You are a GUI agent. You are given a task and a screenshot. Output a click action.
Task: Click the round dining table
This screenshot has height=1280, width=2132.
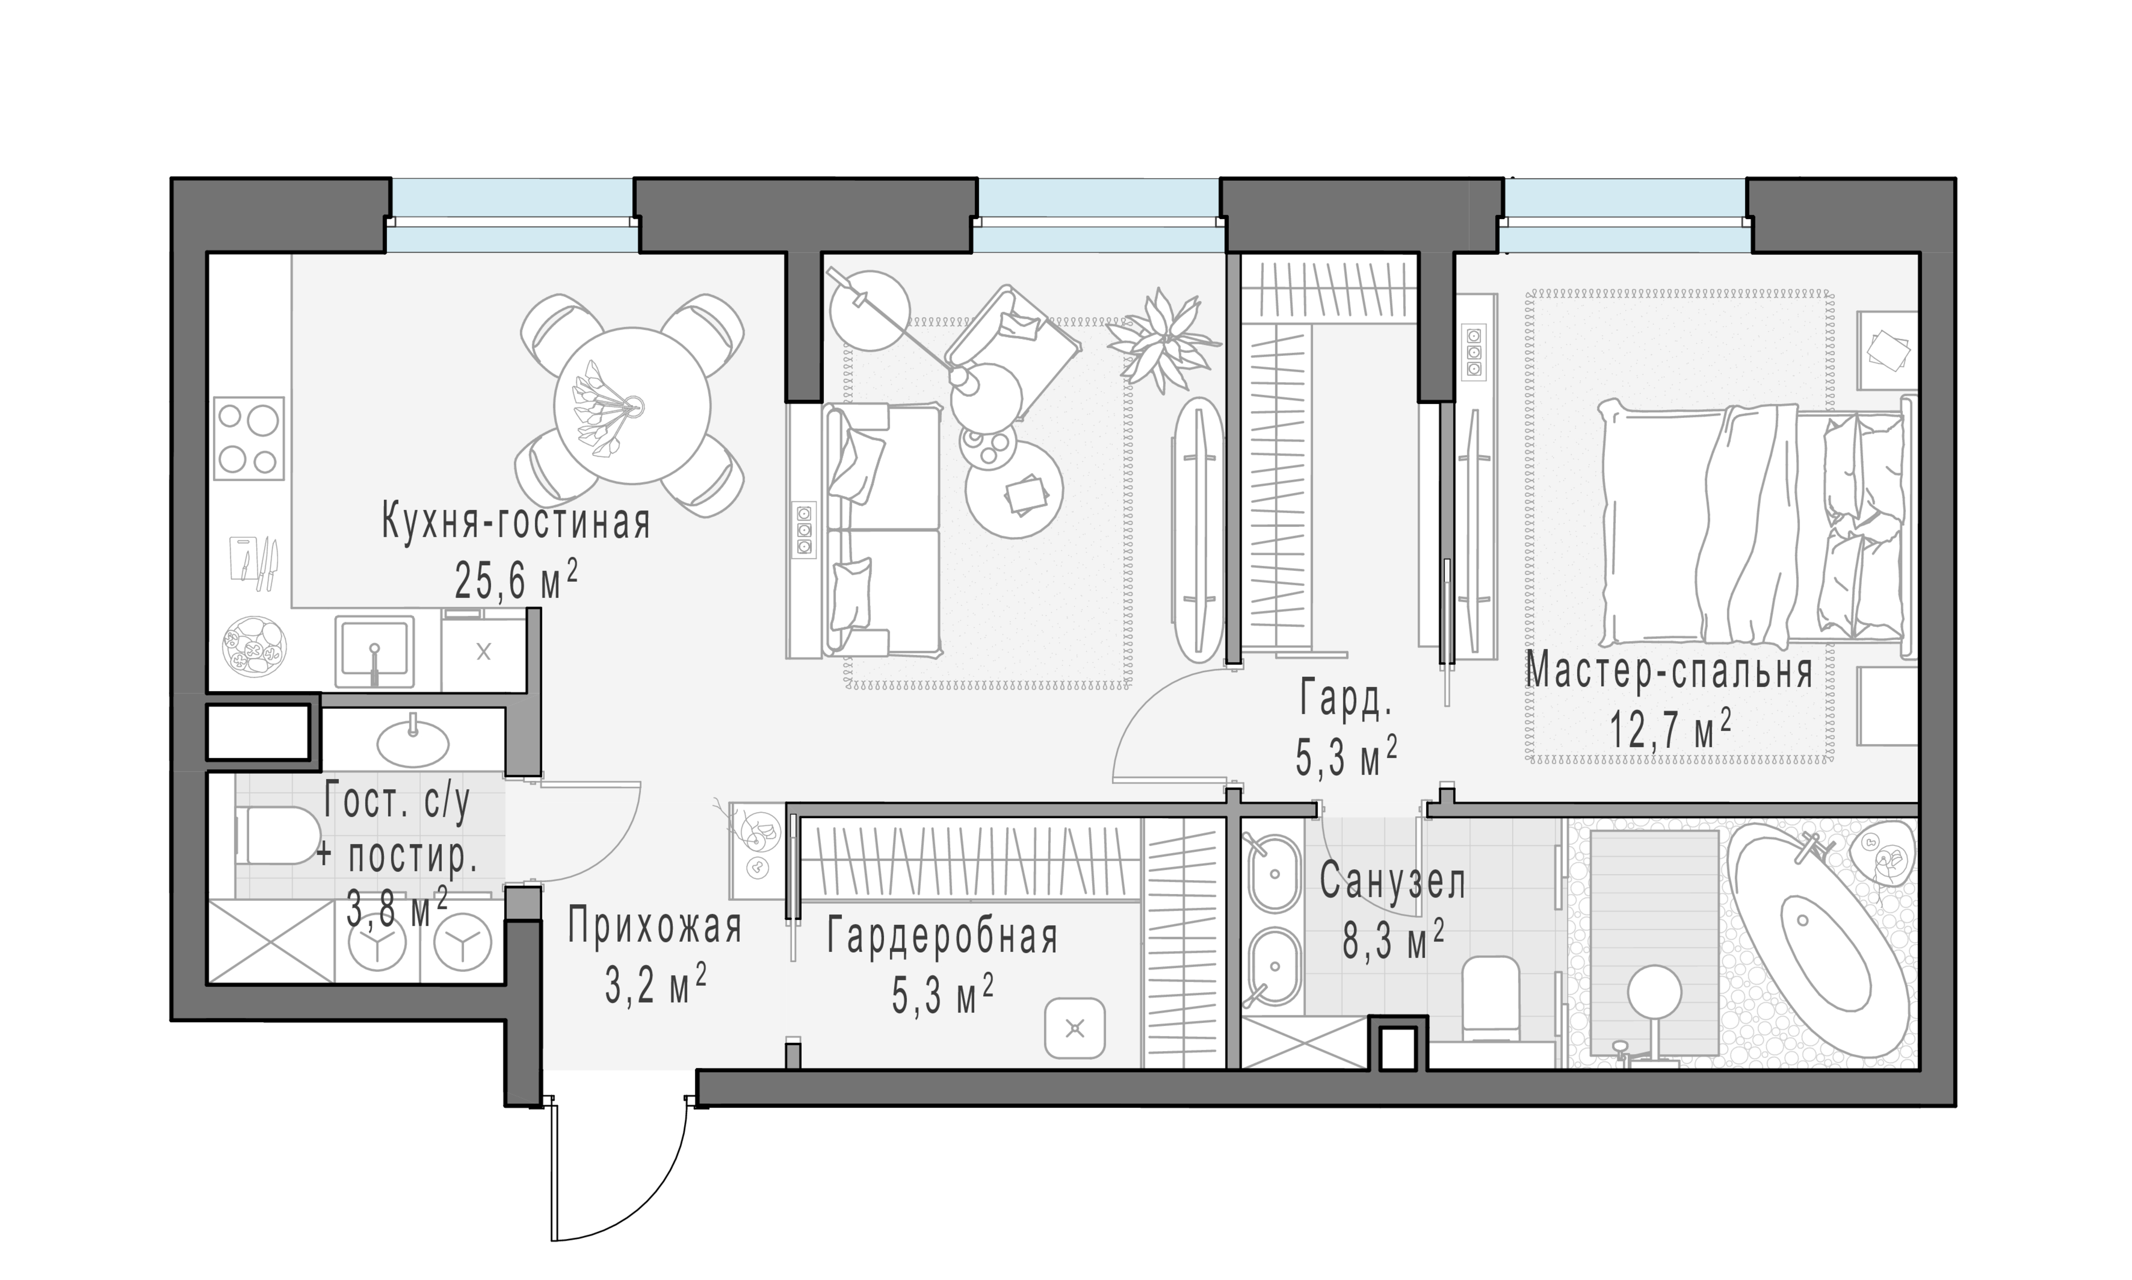pyautogui.click(x=632, y=406)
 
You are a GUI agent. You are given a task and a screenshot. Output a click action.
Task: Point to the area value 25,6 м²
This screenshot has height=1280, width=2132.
pyautogui.click(x=515, y=581)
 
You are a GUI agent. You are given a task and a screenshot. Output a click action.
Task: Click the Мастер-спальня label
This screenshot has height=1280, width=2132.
pyautogui.click(x=1669, y=672)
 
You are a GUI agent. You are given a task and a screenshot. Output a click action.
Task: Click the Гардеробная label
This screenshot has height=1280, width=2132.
pyautogui.click(x=942, y=937)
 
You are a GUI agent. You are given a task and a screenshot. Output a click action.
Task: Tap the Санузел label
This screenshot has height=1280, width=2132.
pyautogui.click(x=1391, y=882)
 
